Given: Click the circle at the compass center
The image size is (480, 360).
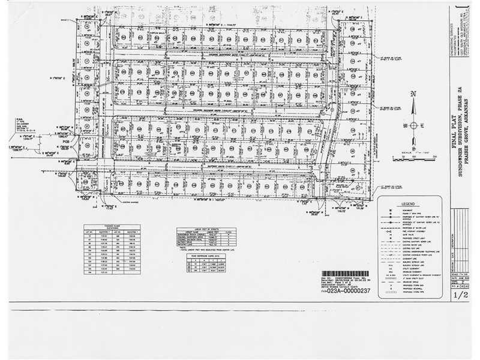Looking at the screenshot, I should point(413,125).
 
